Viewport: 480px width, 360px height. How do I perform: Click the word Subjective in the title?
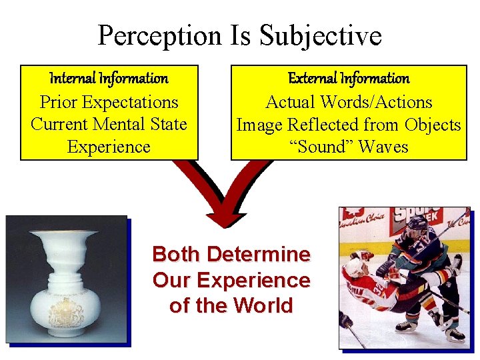coord(321,36)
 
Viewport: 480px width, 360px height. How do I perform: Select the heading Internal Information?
coord(109,79)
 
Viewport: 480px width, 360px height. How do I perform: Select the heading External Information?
coord(349,79)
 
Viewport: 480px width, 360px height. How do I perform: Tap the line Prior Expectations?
coord(109,102)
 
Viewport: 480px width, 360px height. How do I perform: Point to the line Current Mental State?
coord(109,124)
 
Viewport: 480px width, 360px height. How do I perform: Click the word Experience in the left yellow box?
coord(109,147)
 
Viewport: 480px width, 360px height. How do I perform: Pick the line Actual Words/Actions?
coord(349,102)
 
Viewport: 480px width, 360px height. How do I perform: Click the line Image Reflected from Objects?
coord(349,124)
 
